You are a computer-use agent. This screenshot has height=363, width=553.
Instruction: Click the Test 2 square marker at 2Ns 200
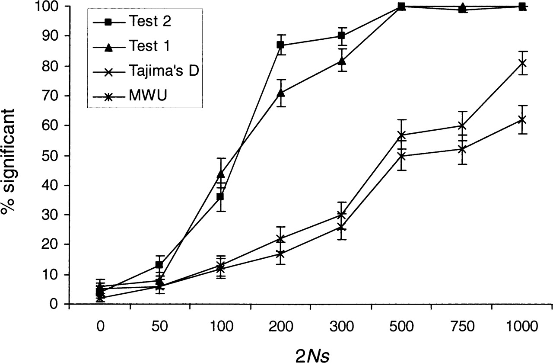280,45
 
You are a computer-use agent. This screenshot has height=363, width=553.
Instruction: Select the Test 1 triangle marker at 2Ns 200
280,93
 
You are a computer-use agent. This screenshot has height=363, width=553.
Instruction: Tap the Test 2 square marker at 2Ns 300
341,36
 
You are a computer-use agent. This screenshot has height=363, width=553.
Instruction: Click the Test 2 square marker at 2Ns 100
220,197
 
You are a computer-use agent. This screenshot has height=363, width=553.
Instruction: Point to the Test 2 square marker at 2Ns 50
159,265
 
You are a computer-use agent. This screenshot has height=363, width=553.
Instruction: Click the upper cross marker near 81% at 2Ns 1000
522,63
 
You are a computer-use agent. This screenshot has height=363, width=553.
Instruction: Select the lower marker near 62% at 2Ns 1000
522,119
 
